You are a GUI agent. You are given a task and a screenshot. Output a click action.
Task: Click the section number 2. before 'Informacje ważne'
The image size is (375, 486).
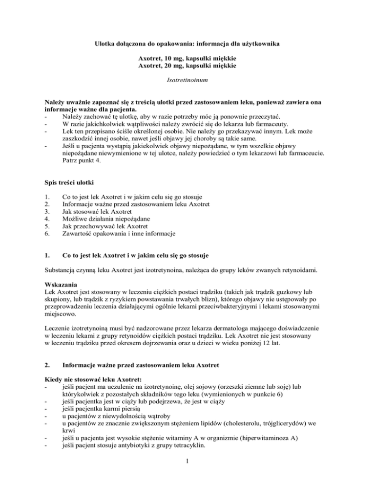tap(46, 357)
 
